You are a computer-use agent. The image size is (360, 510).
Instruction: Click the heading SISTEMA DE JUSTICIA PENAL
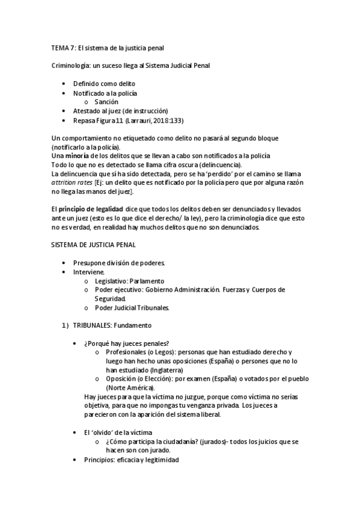pyautogui.click(x=94, y=245)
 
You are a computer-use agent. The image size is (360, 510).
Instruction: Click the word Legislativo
pyautogui.click(x=113, y=281)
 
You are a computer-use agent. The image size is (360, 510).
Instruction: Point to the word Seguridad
pyautogui.click(x=110, y=298)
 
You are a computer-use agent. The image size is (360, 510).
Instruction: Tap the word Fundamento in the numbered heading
pyautogui.click(x=133, y=325)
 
